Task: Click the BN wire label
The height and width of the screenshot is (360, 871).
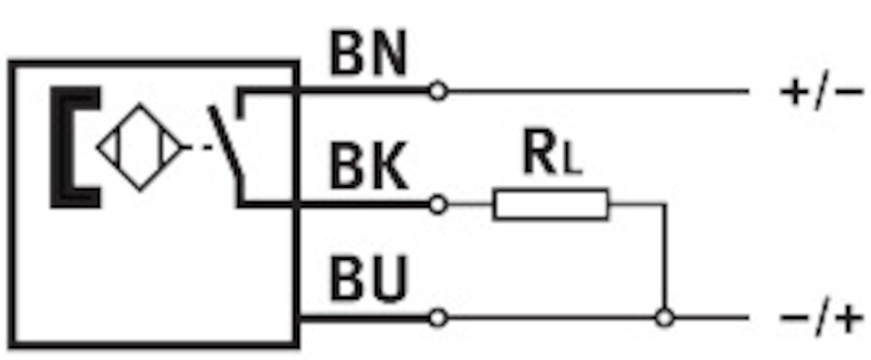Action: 368,53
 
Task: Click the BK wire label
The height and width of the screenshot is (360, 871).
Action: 369,166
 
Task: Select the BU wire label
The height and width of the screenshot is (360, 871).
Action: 368,279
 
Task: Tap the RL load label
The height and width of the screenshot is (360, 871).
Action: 552,152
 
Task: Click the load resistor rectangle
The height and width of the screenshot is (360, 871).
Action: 551,205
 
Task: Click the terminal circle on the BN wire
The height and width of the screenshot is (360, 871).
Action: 438,91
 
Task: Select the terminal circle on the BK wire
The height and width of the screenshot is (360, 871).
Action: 438,205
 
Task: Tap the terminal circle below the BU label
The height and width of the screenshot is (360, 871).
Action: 438,318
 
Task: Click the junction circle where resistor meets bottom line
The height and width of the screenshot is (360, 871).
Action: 665,318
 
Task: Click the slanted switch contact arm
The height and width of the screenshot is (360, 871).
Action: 226,141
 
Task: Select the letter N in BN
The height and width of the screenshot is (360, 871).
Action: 388,53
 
